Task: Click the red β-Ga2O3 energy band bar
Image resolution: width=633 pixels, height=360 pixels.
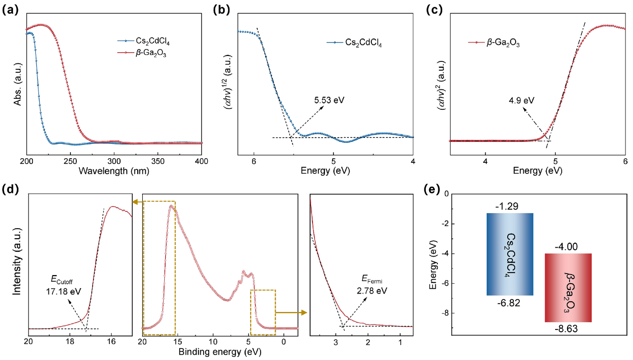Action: [568, 288]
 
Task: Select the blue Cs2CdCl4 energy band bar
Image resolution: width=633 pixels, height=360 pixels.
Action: [510, 254]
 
